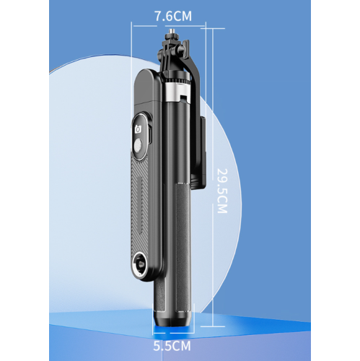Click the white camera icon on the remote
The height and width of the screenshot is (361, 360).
point(140,130)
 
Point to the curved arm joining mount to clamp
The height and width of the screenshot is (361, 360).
point(192,72)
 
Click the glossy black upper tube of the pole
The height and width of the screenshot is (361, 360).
point(175,144)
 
